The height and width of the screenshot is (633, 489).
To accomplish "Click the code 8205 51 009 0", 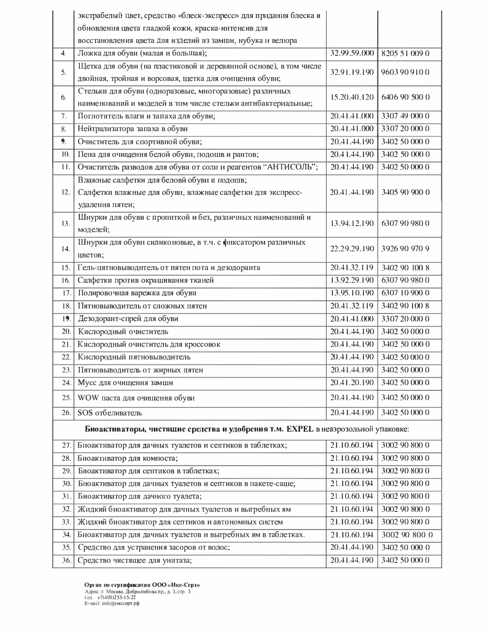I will pyautogui.click(x=405, y=53).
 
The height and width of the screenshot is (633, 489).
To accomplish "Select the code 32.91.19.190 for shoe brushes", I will pyautogui.click(x=352, y=72).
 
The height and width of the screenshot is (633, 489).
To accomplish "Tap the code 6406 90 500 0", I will pyautogui.click(x=405, y=97).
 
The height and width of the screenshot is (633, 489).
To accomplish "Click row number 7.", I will pyautogui.click(x=64, y=116).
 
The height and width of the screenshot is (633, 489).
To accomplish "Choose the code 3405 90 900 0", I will pyautogui.click(x=405, y=192).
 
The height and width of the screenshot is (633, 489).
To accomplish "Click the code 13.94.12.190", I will pyautogui.click(x=352, y=223).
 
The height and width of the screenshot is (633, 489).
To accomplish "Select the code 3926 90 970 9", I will pyautogui.click(x=405, y=249).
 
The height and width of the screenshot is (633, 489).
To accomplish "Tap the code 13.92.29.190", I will pyautogui.click(x=352, y=280).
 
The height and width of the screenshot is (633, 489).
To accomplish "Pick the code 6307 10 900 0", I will pyautogui.click(x=405, y=293).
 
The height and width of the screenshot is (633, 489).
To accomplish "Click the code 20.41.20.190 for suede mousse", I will pyautogui.click(x=352, y=382).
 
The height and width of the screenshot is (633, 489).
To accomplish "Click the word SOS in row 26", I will pyautogui.click(x=85, y=413).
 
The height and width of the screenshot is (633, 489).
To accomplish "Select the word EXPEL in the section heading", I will pyautogui.click(x=300, y=429).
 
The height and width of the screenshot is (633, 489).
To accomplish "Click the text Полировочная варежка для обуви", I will pyautogui.click(x=137, y=293).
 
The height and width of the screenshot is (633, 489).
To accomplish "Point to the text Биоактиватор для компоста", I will pyautogui.click(x=128, y=458).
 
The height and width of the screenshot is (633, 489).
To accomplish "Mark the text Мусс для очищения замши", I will pyautogui.click(x=125, y=382).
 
